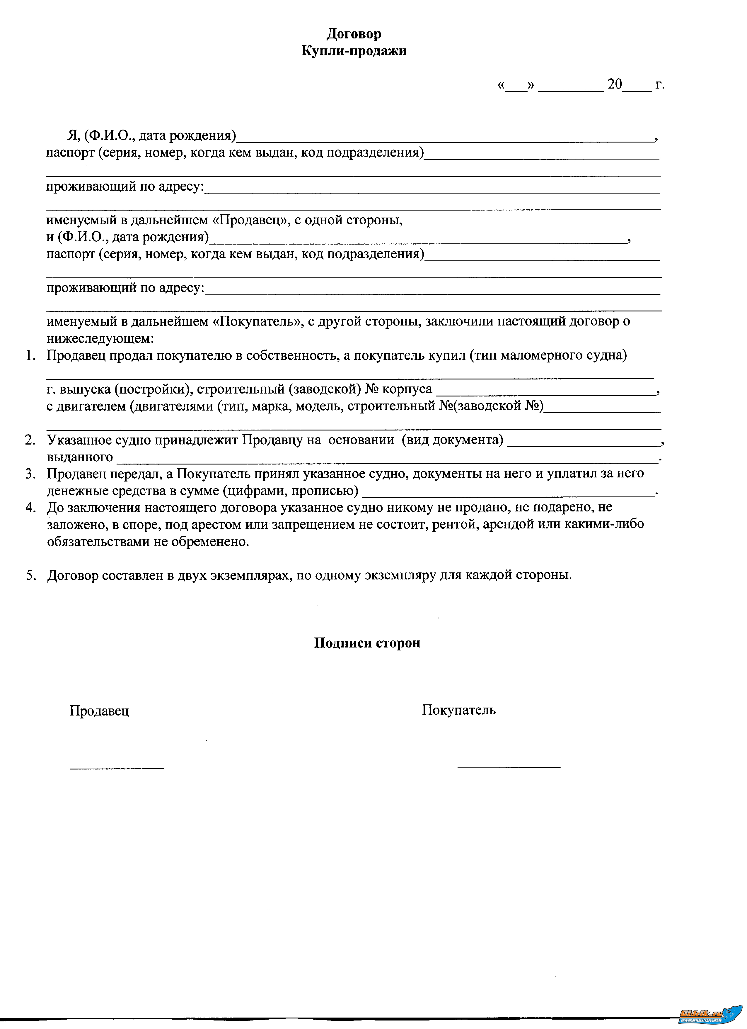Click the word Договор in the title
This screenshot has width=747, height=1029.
tap(354, 34)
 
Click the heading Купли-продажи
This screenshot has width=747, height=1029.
tap(354, 51)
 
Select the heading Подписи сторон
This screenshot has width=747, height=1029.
tap(367, 643)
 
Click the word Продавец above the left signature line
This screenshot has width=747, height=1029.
tap(99, 711)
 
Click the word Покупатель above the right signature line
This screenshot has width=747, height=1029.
tap(459, 710)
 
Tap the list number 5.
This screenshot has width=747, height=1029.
tap(30, 575)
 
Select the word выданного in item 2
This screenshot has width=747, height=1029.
tap(80, 457)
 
